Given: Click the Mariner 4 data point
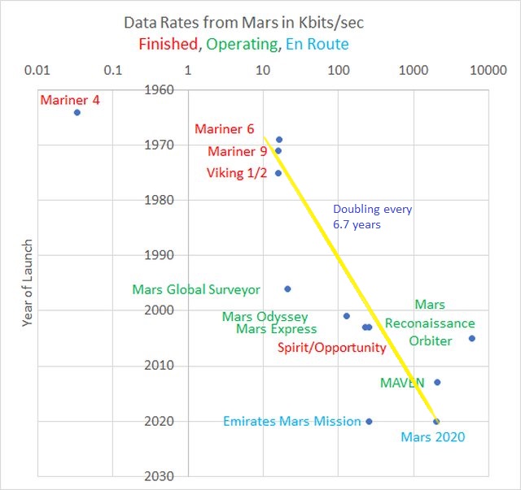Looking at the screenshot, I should [x=77, y=112].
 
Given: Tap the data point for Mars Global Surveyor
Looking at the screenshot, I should [x=287, y=288].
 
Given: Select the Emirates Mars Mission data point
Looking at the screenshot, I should [x=369, y=421].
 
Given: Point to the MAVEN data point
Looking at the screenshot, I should [x=437, y=382].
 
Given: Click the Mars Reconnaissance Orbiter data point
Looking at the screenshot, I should [x=471, y=338].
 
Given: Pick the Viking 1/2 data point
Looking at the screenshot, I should [x=278, y=173].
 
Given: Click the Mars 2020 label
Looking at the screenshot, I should [x=432, y=437].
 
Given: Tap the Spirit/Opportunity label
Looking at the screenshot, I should [x=331, y=348].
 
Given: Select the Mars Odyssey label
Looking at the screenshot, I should [x=265, y=316].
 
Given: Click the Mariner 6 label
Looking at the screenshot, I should [x=224, y=129].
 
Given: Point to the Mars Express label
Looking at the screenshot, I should [x=276, y=329].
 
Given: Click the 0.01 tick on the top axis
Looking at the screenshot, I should [x=38, y=70].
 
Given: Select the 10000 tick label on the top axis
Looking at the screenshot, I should [x=489, y=70].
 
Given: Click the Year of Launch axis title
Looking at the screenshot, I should [x=28, y=283].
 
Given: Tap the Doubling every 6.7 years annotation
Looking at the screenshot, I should [x=372, y=217].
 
